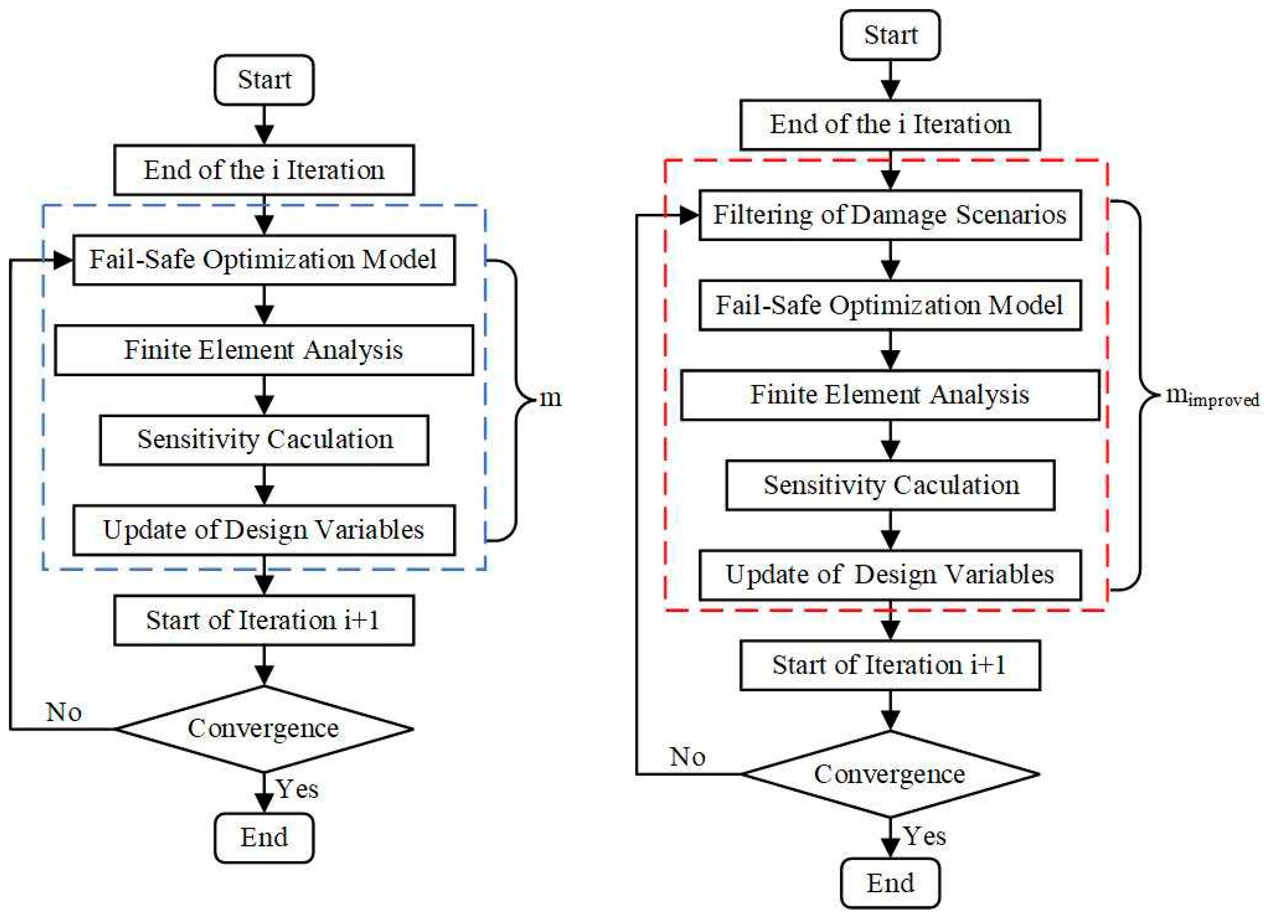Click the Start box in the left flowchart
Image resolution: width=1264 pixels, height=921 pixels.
264,80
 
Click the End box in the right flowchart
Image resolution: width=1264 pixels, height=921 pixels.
890,883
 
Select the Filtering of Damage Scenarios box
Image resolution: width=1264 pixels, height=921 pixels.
890,215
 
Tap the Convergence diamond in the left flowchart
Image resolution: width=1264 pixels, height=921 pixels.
264,729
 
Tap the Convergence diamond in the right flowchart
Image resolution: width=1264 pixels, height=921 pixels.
890,774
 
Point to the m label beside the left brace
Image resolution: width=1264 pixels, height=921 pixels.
551,398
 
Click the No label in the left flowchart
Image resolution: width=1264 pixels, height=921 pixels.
64,712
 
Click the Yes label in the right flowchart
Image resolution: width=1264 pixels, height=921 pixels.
924,836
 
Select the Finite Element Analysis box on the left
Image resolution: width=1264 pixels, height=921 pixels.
264,350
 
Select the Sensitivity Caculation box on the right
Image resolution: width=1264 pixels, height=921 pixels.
890,485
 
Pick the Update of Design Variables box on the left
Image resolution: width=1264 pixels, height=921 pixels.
264,530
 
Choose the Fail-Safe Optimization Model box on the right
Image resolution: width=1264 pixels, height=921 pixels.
890,305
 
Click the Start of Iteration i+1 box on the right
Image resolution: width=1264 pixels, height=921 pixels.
890,665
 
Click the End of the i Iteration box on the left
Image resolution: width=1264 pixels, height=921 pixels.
264,170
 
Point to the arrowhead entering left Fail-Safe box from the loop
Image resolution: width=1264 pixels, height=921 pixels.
63,260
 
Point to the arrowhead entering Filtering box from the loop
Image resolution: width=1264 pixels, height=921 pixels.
689,215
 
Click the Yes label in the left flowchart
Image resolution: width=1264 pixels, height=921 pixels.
297,789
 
